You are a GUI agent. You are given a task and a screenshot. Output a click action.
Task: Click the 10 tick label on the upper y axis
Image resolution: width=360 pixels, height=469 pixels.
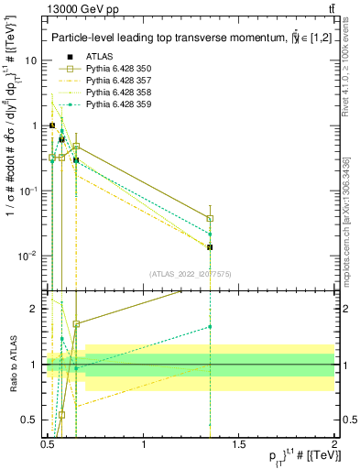tap(30, 60)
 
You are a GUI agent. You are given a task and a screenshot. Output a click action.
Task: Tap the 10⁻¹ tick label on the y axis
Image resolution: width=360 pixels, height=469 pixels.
tap(27, 191)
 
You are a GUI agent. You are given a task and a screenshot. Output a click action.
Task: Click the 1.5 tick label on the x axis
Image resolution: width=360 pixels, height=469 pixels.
tap(239, 443)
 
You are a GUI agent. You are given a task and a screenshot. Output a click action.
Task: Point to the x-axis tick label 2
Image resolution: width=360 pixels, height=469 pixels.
tap(334, 443)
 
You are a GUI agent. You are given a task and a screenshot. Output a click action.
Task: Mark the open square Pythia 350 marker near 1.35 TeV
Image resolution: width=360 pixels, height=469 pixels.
tap(211, 218)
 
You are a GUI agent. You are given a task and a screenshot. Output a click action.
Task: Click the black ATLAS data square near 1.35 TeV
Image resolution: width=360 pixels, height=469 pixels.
tap(211, 247)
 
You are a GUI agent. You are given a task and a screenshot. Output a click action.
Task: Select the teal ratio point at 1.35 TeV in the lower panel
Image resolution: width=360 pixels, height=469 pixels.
tap(211, 326)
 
